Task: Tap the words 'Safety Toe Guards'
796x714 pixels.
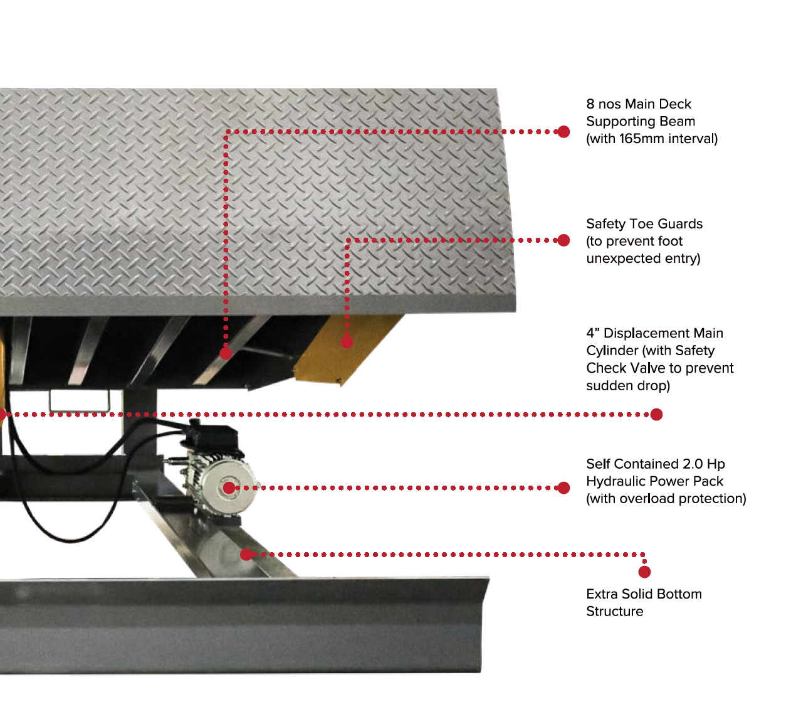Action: click(x=644, y=223)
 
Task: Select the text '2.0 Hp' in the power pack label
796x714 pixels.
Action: click(x=703, y=464)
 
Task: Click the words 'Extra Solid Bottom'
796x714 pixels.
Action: click(x=644, y=594)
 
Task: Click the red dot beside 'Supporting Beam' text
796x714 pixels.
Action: click(x=563, y=132)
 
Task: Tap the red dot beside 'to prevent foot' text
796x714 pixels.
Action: click(x=563, y=240)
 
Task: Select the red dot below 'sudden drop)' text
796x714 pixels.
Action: click(x=656, y=414)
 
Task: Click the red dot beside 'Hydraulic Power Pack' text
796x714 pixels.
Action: click(x=563, y=488)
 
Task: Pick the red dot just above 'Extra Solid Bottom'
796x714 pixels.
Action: click(x=644, y=572)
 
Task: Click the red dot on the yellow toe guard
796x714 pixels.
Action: click(x=347, y=342)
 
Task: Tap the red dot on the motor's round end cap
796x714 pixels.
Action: click(x=229, y=488)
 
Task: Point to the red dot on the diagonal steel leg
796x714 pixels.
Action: click(x=246, y=555)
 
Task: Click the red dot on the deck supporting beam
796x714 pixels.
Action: click(x=226, y=354)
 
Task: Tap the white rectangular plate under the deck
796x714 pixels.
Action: click(x=80, y=400)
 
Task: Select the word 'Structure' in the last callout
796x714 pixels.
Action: click(x=614, y=611)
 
